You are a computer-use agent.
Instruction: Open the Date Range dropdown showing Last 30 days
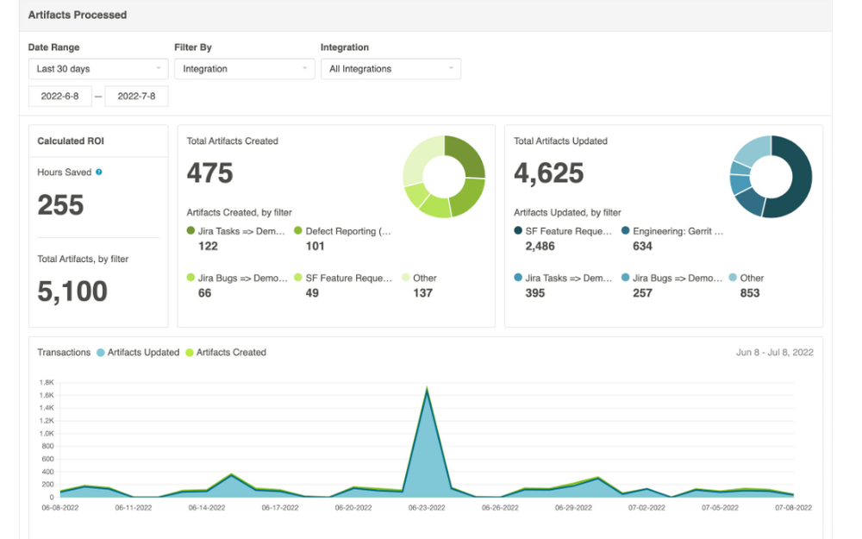click(x=98, y=69)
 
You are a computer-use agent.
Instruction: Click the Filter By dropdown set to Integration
click(x=245, y=69)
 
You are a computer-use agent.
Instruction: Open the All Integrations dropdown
click(x=390, y=69)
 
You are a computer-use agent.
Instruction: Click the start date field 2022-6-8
click(x=59, y=97)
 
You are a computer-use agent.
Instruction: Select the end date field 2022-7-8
click(x=136, y=97)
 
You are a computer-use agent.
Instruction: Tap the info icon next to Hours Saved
click(x=99, y=172)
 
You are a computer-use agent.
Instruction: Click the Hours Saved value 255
click(x=60, y=205)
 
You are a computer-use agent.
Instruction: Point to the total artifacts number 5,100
click(x=72, y=291)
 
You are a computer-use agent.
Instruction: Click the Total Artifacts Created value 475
click(x=210, y=173)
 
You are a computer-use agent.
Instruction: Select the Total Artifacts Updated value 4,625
click(x=549, y=173)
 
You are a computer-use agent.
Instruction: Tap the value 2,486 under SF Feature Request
click(x=540, y=247)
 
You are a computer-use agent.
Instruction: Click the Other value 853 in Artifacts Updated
click(x=750, y=293)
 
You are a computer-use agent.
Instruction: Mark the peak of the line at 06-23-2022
click(x=427, y=389)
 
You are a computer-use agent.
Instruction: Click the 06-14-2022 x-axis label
click(x=207, y=508)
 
